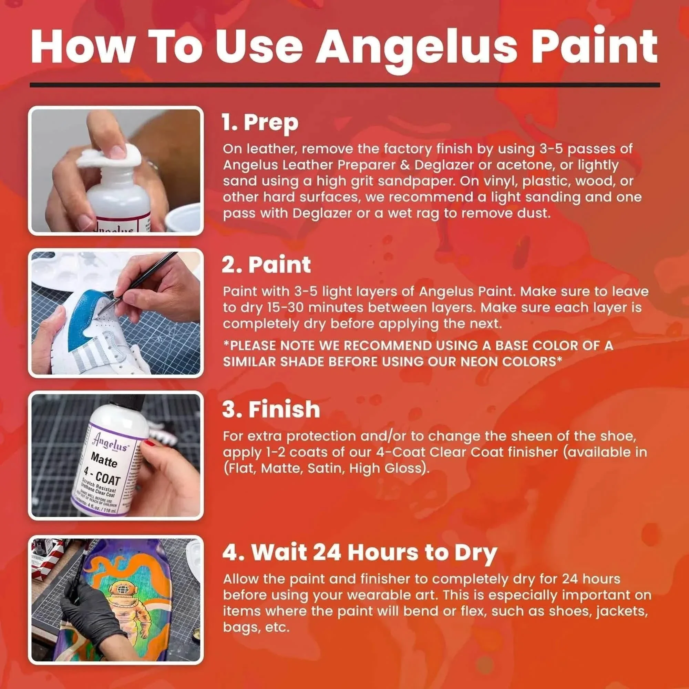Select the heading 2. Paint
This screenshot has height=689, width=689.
pyautogui.click(x=266, y=265)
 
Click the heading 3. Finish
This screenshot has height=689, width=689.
pyautogui.click(x=271, y=409)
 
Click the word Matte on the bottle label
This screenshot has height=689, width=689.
pyautogui.click(x=103, y=460)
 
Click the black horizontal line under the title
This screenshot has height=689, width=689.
pyautogui.click(x=344, y=85)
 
